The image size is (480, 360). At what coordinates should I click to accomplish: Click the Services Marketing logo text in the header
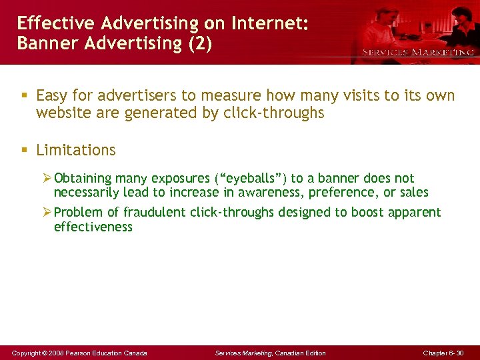[x=418, y=52]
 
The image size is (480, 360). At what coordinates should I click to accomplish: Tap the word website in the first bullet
[x=61, y=113]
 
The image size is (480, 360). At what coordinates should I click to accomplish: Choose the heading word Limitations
[x=75, y=151]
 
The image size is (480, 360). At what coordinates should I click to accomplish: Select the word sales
[x=413, y=193]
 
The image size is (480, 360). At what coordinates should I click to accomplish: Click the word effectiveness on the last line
[x=93, y=227]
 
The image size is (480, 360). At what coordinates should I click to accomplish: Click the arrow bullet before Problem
[x=47, y=213]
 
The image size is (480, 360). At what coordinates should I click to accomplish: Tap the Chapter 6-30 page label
[x=443, y=353]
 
